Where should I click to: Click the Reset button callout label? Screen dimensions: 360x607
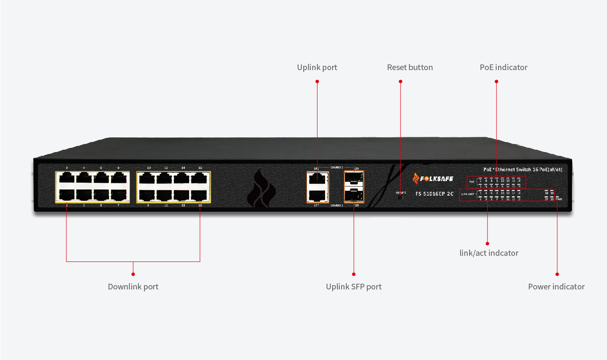click(x=410, y=67)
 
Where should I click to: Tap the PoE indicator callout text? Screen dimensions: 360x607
click(x=503, y=67)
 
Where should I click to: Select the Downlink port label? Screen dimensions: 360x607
click(x=133, y=287)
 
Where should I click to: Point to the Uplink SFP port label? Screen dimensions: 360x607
click(x=353, y=287)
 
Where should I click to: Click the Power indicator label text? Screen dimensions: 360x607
click(x=556, y=287)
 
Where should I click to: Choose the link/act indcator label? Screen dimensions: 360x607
click(x=489, y=253)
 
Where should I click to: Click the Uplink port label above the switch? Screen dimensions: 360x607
click(x=317, y=67)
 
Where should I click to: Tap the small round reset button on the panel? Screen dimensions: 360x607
click(x=401, y=196)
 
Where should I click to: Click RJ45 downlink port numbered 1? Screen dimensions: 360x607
click(x=66, y=195)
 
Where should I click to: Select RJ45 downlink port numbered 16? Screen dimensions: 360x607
click(x=200, y=178)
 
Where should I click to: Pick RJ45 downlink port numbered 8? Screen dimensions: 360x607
click(x=118, y=178)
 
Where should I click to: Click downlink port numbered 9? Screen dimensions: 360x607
click(x=148, y=195)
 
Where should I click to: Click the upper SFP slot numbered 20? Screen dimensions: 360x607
click(x=353, y=178)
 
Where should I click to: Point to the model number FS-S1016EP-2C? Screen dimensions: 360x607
click(x=435, y=194)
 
